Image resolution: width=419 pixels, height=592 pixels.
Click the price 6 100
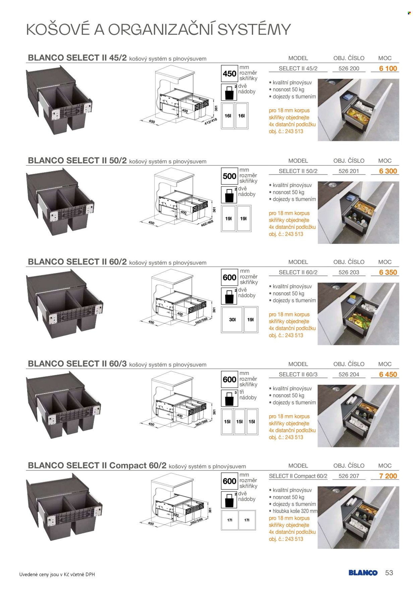point(388,69)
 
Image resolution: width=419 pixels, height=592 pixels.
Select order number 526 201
point(349,171)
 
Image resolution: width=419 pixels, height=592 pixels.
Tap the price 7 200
point(388,476)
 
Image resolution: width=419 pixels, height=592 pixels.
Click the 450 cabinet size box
point(230,74)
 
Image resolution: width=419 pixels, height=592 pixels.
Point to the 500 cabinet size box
point(230,176)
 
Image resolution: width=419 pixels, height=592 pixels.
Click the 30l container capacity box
point(232,320)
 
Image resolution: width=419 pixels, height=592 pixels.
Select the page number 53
point(389,573)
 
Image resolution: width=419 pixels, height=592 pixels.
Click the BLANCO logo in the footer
point(363,573)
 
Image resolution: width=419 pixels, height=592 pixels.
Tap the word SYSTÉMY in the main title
point(254,29)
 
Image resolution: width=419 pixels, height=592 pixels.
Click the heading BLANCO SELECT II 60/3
point(77,364)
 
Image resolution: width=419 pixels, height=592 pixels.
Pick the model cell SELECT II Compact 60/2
point(298,476)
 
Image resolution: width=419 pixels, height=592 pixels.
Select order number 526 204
point(349,375)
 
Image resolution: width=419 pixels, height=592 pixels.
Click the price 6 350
point(388,273)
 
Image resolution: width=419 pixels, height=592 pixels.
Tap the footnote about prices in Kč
point(57,575)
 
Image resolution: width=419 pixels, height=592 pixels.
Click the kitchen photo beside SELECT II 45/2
point(358,110)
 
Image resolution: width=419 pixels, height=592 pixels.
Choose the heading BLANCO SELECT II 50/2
point(77,160)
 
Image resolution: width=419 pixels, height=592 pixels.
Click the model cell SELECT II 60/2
point(298,273)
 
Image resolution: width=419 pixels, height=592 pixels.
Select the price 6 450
point(388,375)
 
